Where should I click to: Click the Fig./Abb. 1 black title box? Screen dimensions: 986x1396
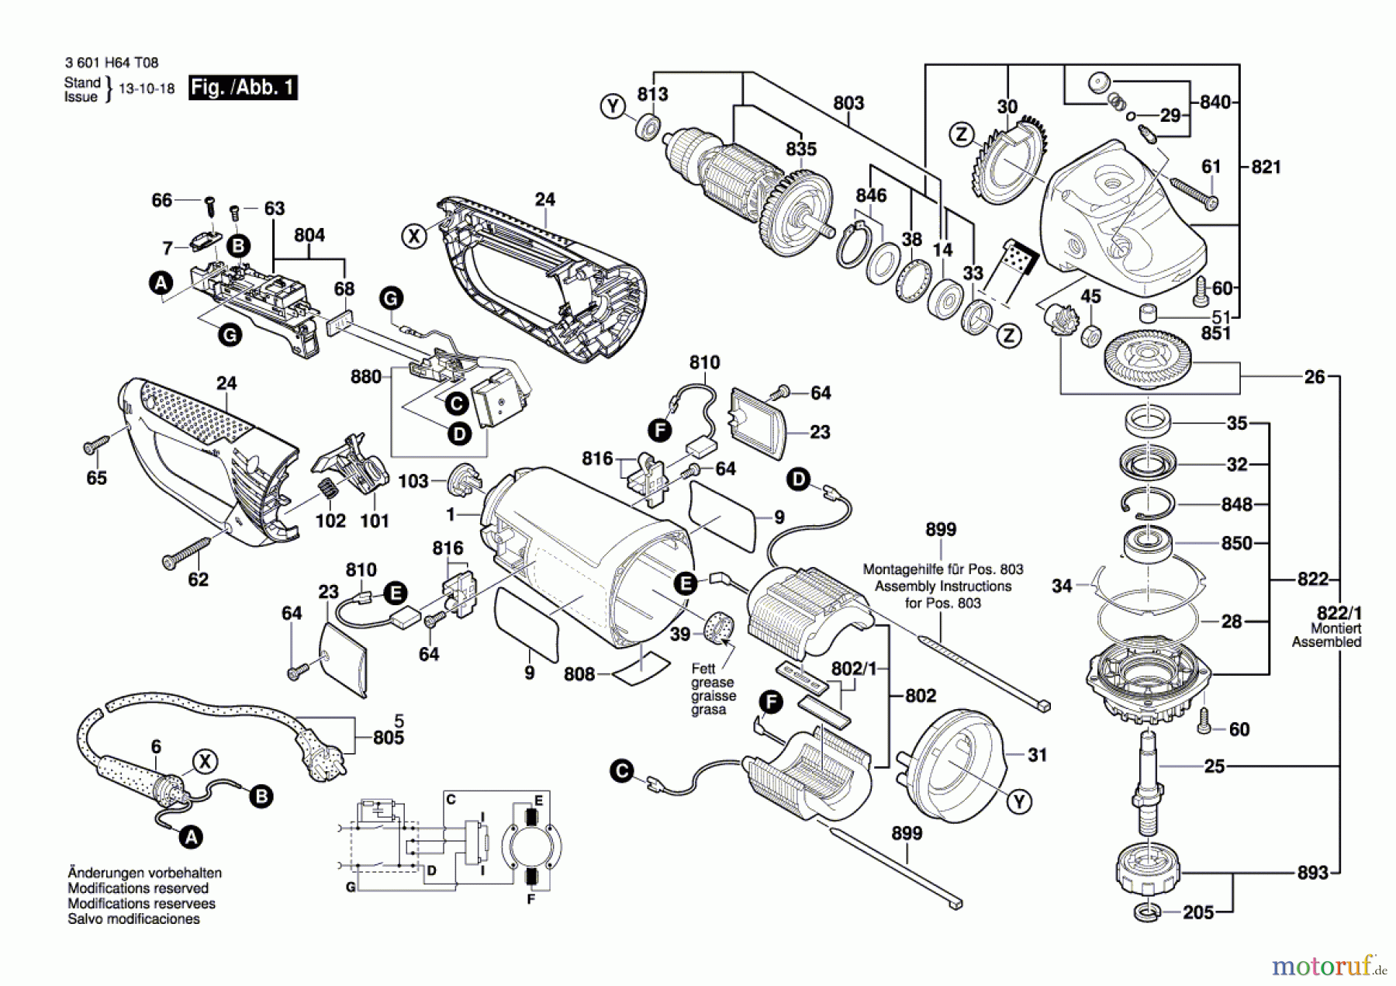(x=243, y=88)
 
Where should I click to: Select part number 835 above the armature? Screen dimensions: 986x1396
(x=800, y=149)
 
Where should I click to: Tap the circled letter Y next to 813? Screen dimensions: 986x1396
(x=613, y=106)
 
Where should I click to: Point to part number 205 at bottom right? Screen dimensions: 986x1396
(x=1197, y=912)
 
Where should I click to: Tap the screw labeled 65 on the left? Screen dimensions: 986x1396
(x=96, y=446)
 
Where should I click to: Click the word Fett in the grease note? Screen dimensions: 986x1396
(x=703, y=669)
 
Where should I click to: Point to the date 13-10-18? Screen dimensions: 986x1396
(x=147, y=89)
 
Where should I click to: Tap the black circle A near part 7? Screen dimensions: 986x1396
(x=161, y=283)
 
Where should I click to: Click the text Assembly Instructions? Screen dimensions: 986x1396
(x=942, y=586)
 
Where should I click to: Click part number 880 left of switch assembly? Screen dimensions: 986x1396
(x=365, y=377)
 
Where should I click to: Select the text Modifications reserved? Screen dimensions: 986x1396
(x=138, y=888)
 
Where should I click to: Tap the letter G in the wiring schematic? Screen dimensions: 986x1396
(x=351, y=887)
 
